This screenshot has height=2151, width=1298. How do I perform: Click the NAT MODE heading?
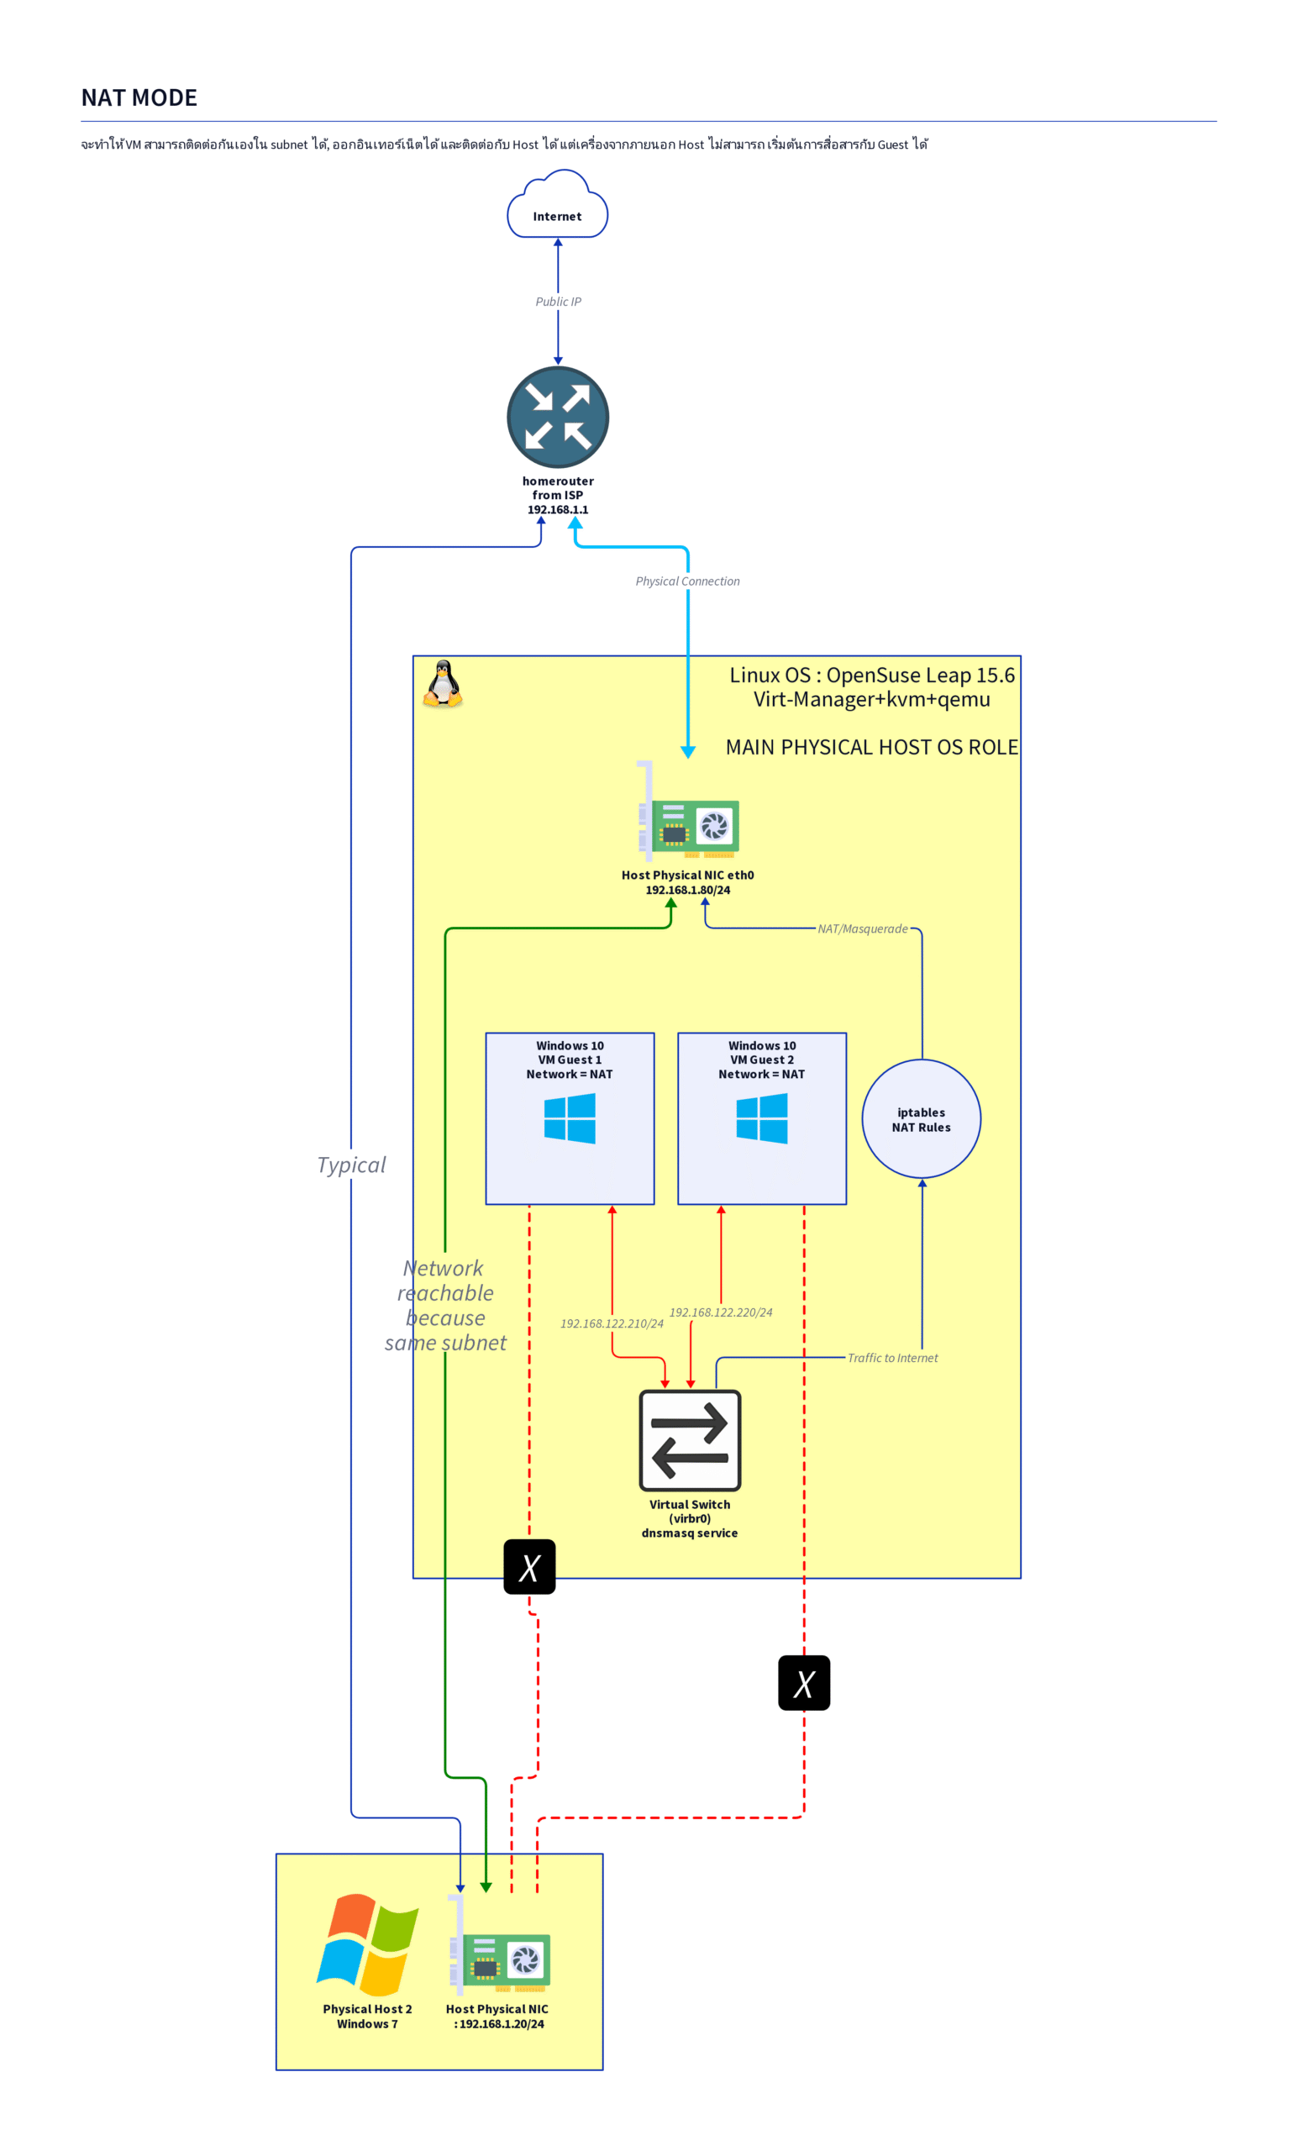click(139, 97)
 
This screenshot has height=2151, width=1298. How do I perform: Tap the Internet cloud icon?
click(557, 205)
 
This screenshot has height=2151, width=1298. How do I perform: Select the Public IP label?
click(558, 301)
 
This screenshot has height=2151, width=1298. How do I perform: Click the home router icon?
click(558, 417)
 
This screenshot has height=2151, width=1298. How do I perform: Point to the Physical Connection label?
click(687, 581)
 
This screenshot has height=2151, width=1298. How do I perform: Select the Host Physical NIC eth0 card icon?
click(689, 811)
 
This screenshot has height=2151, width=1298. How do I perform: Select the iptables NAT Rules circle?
click(921, 1118)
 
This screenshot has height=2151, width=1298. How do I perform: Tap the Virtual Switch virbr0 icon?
click(690, 1439)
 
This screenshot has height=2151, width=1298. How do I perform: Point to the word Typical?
click(351, 1165)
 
